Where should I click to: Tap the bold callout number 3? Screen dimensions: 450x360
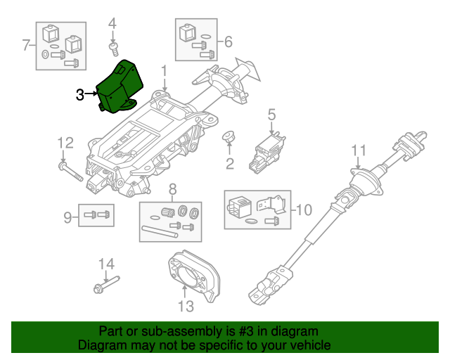pyautogui.click(x=80, y=94)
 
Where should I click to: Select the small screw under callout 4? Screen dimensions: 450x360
pyautogui.click(x=114, y=49)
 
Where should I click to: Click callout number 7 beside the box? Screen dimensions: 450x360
pyautogui.click(x=26, y=45)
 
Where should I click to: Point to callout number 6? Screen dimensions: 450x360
pyautogui.click(x=228, y=42)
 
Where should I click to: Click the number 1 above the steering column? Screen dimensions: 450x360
pyautogui.click(x=164, y=71)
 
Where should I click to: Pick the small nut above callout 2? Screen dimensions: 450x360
pyautogui.click(x=229, y=136)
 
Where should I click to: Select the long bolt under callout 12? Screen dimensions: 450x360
pyautogui.click(x=70, y=172)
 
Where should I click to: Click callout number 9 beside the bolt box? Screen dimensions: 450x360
pyautogui.click(x=67, y=217)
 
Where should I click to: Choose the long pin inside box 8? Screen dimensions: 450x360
pyautogui.click(x=160, y=231)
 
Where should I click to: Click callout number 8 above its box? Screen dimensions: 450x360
pyautogui.click(x=172, y=189)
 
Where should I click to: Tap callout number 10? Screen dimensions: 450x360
pyautogui.click(x=304, y=210)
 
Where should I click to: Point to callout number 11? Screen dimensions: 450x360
pyautogui.click(x=359, y=150)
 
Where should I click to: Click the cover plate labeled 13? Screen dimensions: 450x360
pyautogui.click(x=194, y=274)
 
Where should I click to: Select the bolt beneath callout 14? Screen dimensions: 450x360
pyautogui.click(x=107, y=285)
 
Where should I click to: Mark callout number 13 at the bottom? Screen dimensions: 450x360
pyautogui.click(x=186, y=306)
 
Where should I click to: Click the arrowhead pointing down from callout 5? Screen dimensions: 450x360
pyautogui.click(x=271, y=132)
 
